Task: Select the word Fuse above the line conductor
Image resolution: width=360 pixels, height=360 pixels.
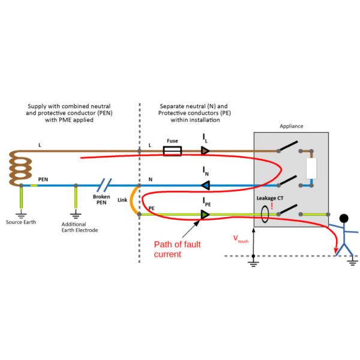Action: tap(172, 141)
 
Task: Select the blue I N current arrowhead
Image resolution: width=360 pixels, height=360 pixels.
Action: tap(205, 185)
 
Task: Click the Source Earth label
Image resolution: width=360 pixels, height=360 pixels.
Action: tap(21, 222)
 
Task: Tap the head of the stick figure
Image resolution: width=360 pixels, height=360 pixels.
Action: tap(343, 219)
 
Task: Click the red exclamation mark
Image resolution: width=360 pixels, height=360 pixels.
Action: tap(272, 206)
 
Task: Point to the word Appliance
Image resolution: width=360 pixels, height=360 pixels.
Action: tap(292, 126)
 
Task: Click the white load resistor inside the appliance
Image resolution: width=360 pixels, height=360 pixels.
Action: tap(311, 169)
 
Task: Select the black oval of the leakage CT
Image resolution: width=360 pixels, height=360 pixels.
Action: tap(264, 214)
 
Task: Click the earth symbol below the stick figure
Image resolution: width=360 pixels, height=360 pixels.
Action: tap(353, 259)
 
